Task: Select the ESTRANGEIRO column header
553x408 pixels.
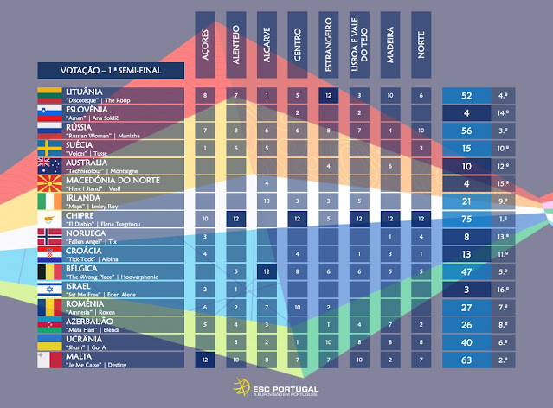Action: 329,47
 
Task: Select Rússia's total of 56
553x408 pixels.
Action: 466,130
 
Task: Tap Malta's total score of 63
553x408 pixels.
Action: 466,360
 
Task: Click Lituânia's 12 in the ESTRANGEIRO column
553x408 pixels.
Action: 329,94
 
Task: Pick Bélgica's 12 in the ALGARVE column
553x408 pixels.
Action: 267,271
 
